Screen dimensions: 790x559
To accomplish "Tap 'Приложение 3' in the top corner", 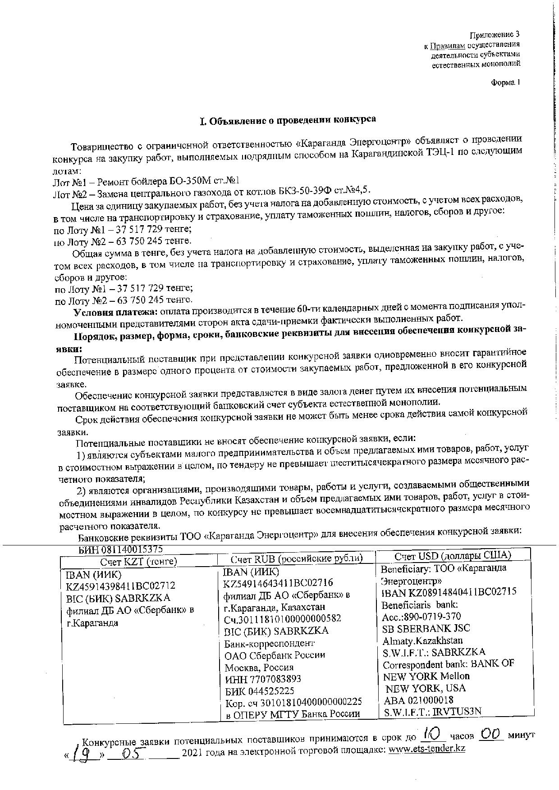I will pos(495,35).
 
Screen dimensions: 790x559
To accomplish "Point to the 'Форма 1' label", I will pos(505,82).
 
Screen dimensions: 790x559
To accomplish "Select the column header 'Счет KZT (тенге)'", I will pos(138,562).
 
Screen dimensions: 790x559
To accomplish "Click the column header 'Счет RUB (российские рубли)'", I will pos(296,559).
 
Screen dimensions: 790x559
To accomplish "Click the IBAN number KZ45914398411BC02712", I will pos(121,586).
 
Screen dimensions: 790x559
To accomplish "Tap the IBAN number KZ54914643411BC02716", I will pos(278,583).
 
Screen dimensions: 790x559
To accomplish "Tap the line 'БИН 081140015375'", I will pos(120,549).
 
